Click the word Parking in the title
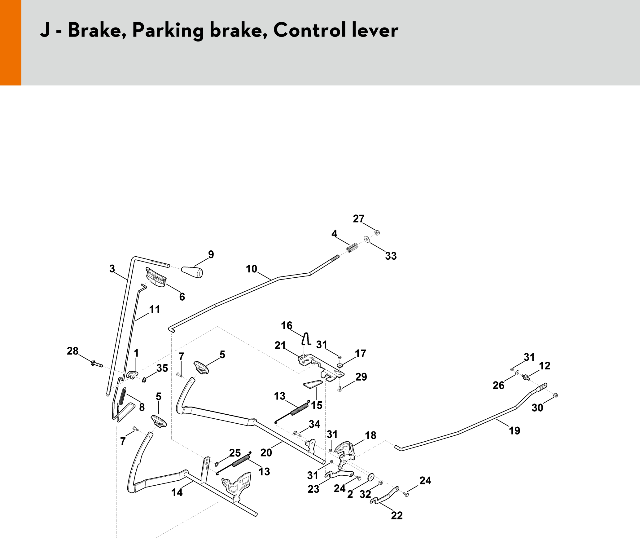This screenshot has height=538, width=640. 168,30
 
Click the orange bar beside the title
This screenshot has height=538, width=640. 11,42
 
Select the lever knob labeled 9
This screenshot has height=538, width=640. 192,272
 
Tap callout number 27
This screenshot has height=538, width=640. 358,219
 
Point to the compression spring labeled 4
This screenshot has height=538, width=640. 352,248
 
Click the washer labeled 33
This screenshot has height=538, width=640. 367,239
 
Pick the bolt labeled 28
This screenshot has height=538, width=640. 96,364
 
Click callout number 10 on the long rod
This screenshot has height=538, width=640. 251,269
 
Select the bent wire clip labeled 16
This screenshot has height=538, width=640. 306,339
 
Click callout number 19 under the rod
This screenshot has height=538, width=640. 514,430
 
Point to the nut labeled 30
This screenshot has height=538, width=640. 555,395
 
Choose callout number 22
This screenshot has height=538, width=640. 397,515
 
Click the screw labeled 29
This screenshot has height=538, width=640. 340,389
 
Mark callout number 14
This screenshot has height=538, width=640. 177,492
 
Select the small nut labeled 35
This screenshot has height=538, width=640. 144,380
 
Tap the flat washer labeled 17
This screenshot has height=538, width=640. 340,365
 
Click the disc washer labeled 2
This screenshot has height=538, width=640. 370,477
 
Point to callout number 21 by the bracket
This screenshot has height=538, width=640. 280,345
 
